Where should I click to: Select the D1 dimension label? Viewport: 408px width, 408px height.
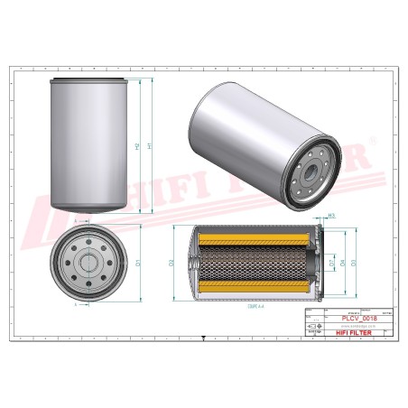tap(138, 263)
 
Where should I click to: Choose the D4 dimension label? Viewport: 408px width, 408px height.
tap(342, 263)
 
